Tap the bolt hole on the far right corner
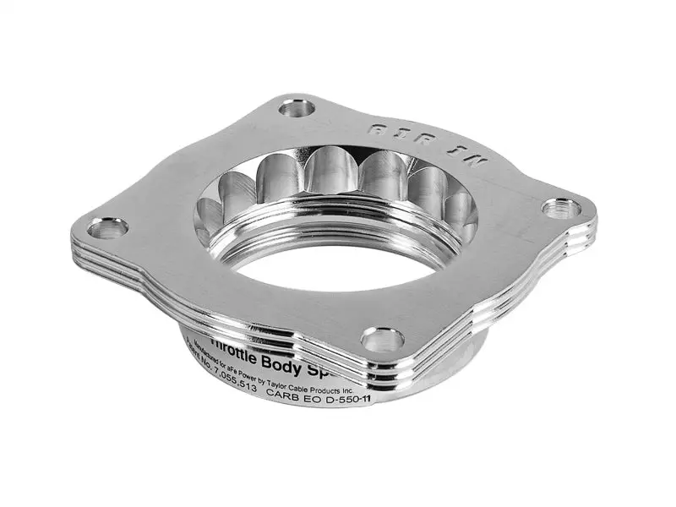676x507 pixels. (x=559, y=208)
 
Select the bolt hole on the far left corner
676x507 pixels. (x=106, y=227)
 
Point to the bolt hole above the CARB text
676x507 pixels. (x=382, y=340)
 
